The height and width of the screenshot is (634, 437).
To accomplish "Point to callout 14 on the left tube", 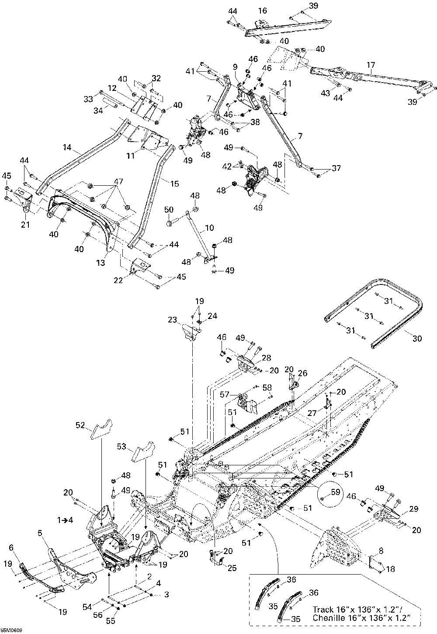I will tap(67, 148).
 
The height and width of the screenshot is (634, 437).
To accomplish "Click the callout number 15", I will tap(174, 184).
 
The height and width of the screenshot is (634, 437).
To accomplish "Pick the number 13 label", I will tap(101, 263).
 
